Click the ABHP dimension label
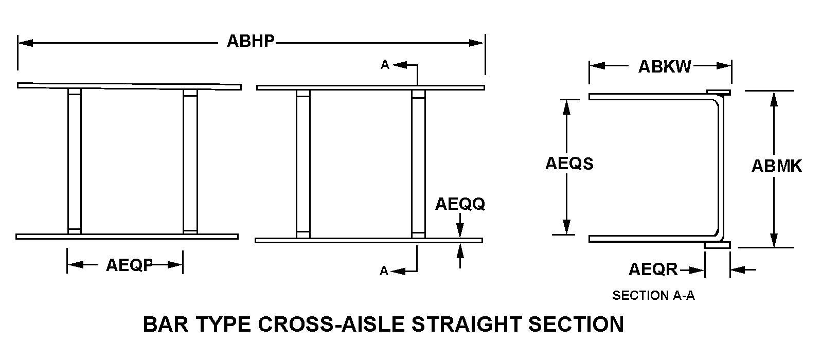click(x=251, y=42)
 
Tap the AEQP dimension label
click(x=129, y=265)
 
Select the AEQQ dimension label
click(x=460, y=204)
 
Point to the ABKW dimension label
click(x=665, y=66)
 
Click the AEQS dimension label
click(x=569, y=164)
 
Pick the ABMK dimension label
click(x=777, y=166)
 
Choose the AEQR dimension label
click(x=653, y=269)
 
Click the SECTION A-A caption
click(x=653, y=296)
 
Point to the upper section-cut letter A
click(x=385, y=65)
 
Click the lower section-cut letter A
click(x=384, y=271)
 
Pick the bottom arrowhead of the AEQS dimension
click(x=566, y=227)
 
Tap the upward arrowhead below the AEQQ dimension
click(x=460, y=250)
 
